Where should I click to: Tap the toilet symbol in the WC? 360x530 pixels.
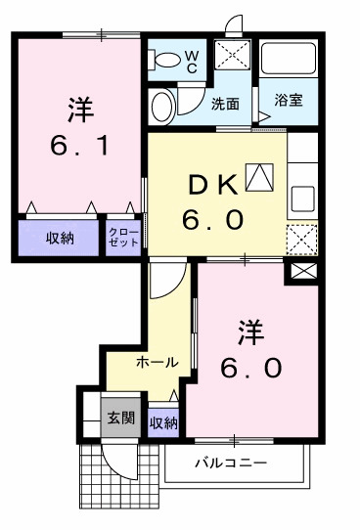click(166, 60)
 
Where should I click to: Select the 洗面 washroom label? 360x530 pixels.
click(225, 104)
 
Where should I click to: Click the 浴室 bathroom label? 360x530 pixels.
click(288, 101)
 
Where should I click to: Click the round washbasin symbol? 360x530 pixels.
click(163, 105)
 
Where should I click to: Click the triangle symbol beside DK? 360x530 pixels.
click(257, 177)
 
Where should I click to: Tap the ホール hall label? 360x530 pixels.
click(157, 362)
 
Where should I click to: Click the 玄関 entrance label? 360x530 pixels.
click(121, 419)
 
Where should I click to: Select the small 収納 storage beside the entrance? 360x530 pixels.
click(163, 422)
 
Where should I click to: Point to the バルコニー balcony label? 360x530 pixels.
click(230, 463)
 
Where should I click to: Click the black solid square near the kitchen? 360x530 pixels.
click(301, 272)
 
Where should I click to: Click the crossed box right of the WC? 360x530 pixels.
click(234, 54)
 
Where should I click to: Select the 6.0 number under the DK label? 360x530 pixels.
click(211, 220)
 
